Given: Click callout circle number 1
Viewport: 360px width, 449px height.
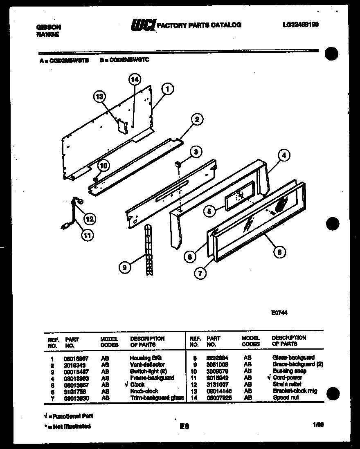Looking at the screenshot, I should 168,88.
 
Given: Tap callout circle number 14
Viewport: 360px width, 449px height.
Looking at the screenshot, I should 135,80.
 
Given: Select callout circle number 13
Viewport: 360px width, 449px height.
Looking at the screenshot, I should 99,97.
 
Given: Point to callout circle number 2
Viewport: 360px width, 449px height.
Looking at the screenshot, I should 197,119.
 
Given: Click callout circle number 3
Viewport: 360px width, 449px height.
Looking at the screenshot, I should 196,152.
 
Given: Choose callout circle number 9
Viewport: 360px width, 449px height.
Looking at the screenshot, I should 124,268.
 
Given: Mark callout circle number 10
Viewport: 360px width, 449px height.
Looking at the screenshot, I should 103,166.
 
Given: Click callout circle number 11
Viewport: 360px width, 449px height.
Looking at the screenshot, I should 86,235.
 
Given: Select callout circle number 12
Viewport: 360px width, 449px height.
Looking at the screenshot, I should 90,219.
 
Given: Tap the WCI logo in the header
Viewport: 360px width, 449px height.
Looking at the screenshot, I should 143,25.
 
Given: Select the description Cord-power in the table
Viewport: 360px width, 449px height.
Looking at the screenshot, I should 288,378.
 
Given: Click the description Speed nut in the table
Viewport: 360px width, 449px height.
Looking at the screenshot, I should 286,397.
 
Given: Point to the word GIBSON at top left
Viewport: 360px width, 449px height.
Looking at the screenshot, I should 49,27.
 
